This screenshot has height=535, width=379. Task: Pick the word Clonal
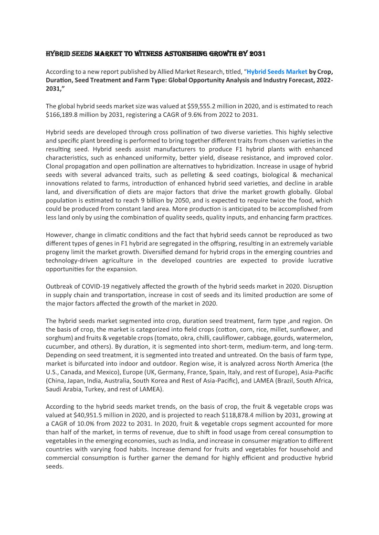click(x=56, y=166)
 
